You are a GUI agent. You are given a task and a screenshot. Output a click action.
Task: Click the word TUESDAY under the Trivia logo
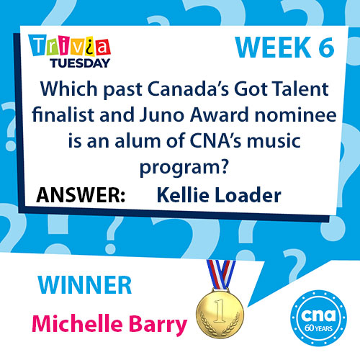[80, 63]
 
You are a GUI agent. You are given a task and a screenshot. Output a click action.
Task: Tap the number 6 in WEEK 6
[326, 48]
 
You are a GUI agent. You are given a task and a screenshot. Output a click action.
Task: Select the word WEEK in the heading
[273, 48]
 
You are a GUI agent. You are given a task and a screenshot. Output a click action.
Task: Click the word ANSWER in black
[81, 195]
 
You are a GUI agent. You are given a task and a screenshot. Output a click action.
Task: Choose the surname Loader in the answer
[248, 195]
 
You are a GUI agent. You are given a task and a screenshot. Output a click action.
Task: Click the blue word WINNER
[85, 285]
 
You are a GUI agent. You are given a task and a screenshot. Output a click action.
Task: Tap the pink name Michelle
[77, 323]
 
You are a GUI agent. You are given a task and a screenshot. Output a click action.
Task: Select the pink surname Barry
[158, 325]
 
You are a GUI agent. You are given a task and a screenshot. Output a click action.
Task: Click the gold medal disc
[220, 313]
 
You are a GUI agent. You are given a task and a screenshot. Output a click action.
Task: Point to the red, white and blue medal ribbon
[221, 274]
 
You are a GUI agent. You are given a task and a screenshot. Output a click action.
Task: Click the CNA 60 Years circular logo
[318, 318]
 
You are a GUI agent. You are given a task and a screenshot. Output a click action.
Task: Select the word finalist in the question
[63, 114]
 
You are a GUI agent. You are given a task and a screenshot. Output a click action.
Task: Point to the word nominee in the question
[295, 115]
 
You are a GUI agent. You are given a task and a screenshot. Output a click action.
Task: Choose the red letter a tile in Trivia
[102, 47]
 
